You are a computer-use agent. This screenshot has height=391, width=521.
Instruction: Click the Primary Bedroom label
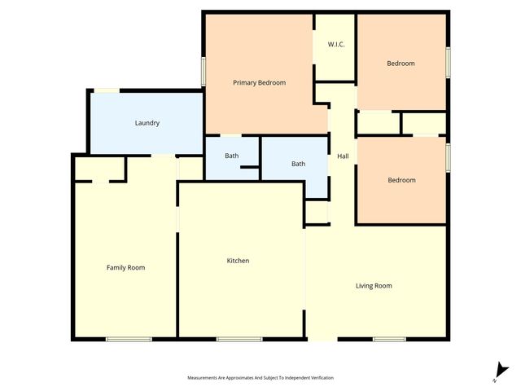tap(259, 82)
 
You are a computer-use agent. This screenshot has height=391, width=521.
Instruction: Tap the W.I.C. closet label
tap(336, 44)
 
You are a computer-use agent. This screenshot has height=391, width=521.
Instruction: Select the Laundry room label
tap(147, 123)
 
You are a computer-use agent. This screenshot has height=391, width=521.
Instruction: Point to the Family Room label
tap(125, 267)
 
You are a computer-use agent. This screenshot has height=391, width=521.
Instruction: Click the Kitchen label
tap(238, 261)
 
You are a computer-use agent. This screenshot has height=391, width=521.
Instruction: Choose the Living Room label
tap(374, 285)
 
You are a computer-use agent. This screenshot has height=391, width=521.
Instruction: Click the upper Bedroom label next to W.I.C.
tap(401, 64)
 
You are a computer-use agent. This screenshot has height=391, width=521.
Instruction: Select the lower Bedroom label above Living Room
tap(401, 180)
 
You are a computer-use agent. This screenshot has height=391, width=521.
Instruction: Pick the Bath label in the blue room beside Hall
tap(299, 164)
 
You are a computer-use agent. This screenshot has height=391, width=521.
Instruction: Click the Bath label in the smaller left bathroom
tap(232, 155)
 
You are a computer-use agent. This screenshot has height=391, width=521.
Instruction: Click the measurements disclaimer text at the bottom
tap(260, 378)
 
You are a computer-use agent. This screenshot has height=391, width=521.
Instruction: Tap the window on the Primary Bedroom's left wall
tap(204, 70)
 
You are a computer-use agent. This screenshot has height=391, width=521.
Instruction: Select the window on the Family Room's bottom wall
tap(129, 338)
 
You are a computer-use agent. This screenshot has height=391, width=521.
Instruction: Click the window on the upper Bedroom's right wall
tap(447, 63)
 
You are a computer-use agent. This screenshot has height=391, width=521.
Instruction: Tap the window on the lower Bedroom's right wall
tap(447, 156)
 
